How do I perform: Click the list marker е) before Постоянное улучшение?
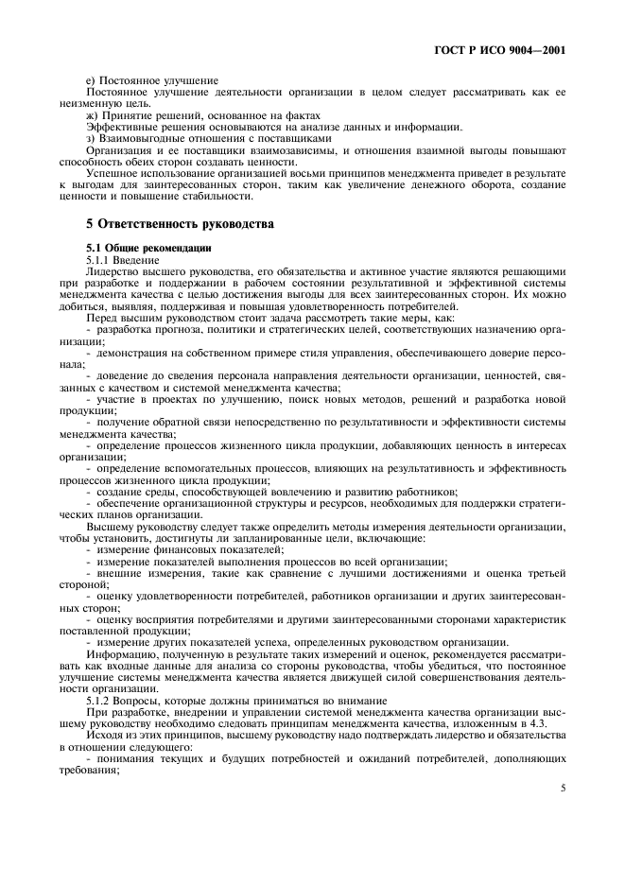(x=91, y=81)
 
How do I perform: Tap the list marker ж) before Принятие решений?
(x=92, y=115)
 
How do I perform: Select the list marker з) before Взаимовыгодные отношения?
(x=91, y=138)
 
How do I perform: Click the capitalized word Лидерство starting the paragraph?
(x=112, y=270)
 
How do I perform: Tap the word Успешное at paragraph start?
(x=111, y=173)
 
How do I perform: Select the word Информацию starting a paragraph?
(x=118, y=655)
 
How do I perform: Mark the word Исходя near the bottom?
(x=105, y=735)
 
